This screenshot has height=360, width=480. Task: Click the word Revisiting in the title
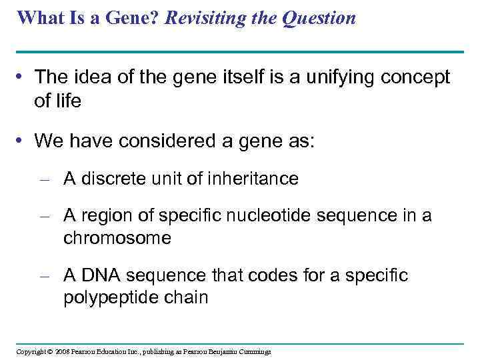(204, 18)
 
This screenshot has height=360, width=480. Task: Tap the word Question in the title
(319, 18)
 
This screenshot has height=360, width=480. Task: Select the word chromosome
(117, 238)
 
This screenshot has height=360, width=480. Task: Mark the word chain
(189, 297)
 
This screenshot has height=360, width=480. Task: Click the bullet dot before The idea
(21, 78)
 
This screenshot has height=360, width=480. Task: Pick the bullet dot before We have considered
(21, 141)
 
